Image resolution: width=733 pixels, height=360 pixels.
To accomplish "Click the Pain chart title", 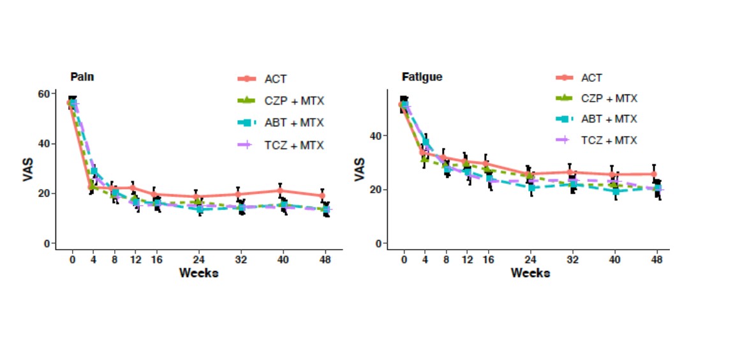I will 82,77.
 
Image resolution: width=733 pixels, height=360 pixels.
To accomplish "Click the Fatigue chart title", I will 422,77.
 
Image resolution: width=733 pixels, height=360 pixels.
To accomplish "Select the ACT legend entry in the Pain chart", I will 276,79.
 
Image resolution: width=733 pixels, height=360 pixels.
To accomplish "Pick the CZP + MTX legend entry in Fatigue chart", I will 609,98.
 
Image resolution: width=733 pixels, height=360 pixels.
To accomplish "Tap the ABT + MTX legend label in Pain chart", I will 294,123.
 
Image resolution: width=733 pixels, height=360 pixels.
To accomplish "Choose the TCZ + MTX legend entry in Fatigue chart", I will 609,140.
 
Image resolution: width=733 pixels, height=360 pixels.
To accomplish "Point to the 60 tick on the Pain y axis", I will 45,94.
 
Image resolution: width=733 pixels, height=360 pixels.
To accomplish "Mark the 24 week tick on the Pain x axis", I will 198,260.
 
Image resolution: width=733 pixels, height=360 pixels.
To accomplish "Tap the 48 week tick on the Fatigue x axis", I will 656,260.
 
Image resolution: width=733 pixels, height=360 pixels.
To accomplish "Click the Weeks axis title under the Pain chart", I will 198,273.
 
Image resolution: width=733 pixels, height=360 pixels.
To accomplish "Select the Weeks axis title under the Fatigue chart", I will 530,273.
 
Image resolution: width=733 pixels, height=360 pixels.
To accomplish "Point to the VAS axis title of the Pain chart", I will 28,169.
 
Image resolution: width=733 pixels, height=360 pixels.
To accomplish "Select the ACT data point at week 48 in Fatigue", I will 654,174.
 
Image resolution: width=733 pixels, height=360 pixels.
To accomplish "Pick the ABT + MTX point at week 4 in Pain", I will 94,171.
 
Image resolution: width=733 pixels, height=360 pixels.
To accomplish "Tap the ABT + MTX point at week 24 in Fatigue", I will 530,188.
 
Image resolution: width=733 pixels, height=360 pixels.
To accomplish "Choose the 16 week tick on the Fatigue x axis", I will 488,260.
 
